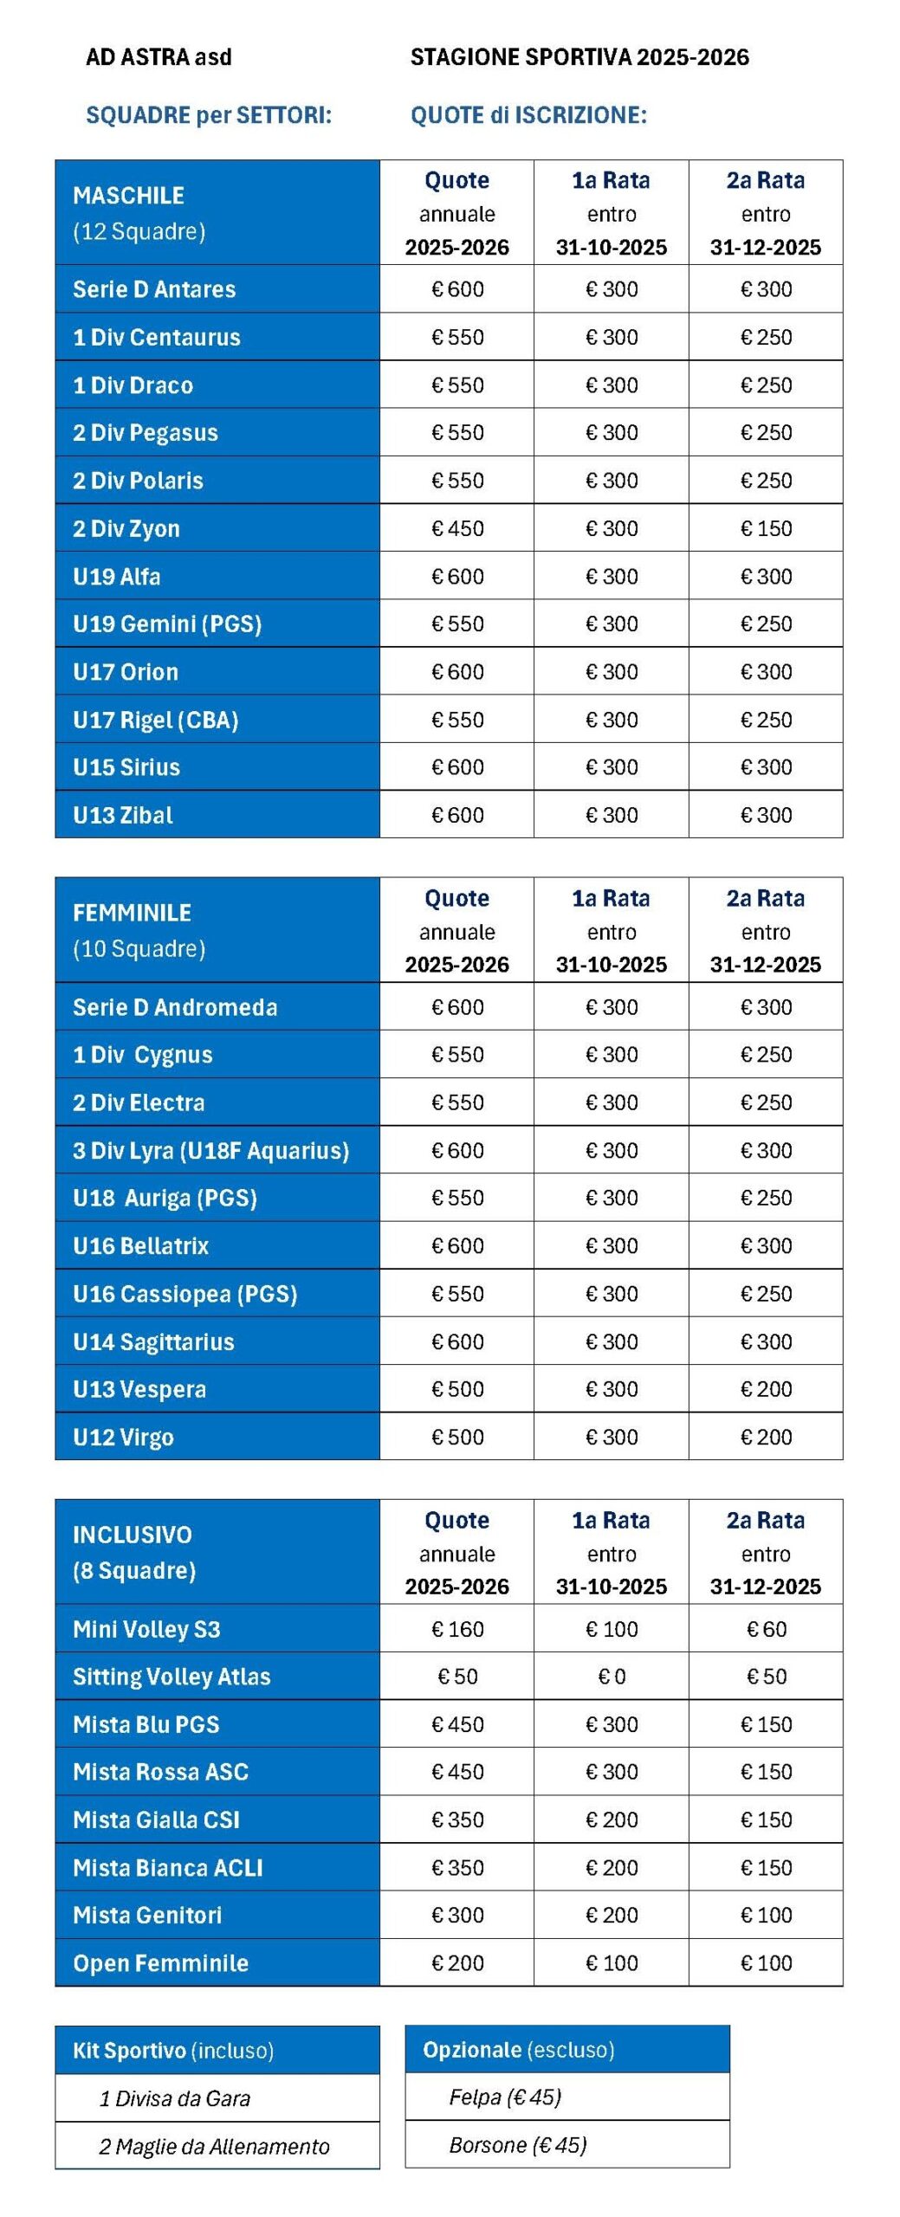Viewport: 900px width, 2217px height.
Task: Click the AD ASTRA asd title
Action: [x=159, y=57]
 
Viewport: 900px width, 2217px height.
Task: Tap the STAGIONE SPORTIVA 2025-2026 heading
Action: [x=579, y=57]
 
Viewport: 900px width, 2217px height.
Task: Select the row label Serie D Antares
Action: [x=154, y=289]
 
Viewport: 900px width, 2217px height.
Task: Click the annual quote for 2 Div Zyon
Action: [x=457, y=528]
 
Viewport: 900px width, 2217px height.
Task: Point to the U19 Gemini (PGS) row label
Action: [x=167, y=624]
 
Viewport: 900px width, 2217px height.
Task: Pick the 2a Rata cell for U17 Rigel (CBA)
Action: [x=766, y=720]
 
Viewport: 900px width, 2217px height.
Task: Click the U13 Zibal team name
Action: [x=123, y=815]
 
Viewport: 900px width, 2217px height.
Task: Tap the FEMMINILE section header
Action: [x=132, y=913]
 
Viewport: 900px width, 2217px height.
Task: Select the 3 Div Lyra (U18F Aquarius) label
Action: [x=210, y=1150]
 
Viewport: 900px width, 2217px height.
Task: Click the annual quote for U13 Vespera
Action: [x=457, y=1389]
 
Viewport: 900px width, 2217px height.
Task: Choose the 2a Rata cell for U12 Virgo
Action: [x=766, y=1437]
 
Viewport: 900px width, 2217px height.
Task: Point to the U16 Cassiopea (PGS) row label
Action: [x=185, y=1294]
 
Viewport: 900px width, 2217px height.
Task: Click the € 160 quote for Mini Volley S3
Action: [x=457, y=1629]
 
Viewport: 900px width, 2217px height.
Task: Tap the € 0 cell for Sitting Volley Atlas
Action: [x=612, y=1677]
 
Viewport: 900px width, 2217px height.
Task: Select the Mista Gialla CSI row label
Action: [x=156, y=1819]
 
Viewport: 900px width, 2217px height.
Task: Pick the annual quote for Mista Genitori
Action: [x=457, y=1915]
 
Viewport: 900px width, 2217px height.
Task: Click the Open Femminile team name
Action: [x=160, y=1963]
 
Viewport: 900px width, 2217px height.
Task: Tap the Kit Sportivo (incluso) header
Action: [x=173, y=2050]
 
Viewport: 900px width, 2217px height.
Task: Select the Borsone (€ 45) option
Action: [x=517, y=2144]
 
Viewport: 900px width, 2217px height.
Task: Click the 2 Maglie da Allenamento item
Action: [x=214, y=2146]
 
